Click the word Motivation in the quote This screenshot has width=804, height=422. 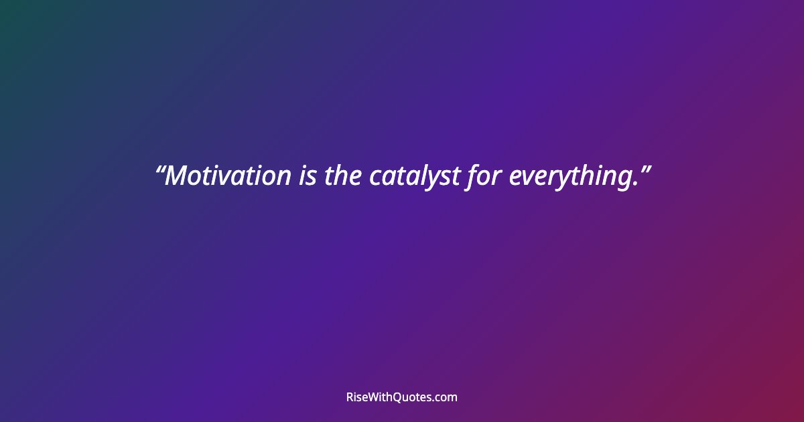click(x=228, y=176)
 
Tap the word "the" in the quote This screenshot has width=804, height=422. click(x=343, y=176)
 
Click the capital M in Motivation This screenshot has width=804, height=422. click(x=176, y=176)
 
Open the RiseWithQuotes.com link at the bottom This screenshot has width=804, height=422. click(x=402, y=397)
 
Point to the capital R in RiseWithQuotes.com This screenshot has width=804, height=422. click(x=350, y=397)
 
